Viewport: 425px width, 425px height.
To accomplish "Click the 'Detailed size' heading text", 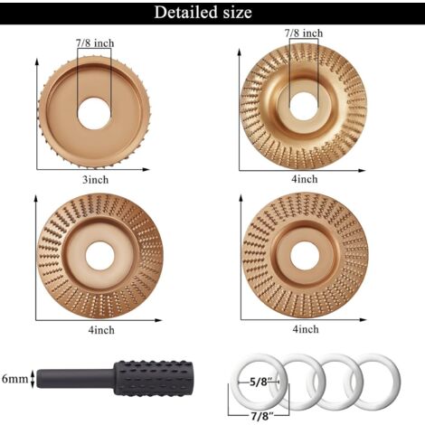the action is click(203, 13).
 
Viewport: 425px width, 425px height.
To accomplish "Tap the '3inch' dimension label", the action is click(95, 180).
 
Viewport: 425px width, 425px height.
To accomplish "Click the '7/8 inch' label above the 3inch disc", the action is click(95, 43).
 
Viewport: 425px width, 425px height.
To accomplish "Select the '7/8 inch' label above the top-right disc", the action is click(304, 33).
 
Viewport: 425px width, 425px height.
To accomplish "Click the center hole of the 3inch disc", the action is click(94, 113).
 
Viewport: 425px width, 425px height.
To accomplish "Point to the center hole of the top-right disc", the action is click(304, 108).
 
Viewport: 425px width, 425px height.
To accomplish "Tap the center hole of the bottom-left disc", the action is click(99, 256).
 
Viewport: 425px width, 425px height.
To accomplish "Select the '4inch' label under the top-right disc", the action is click(305, 179).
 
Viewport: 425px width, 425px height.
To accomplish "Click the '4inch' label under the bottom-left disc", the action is click(101, 330).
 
